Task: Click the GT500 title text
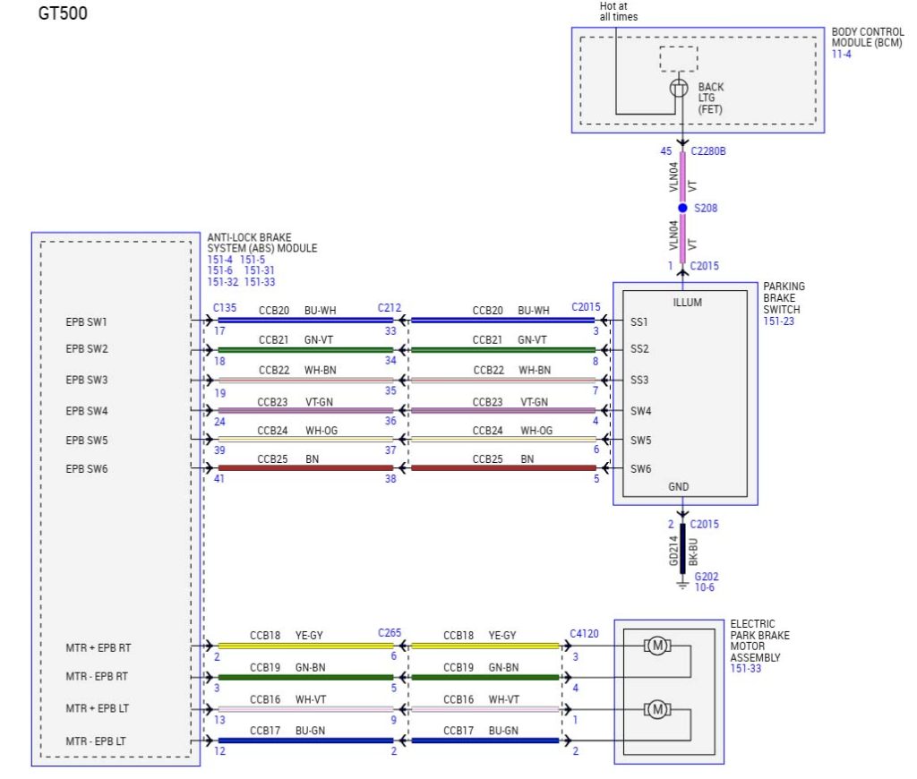tap(63, 13)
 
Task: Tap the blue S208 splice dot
tap(682, 208)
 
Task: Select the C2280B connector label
tap(708, 151)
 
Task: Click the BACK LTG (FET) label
tap(710, 98)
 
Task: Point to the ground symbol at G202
tap(682, 584)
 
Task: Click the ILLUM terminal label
tap(687, 303)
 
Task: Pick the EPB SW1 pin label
tap(86, 321)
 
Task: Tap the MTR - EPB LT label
tap(95, 741)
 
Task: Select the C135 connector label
tap(225, 308)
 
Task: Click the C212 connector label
tap(389, 308)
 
